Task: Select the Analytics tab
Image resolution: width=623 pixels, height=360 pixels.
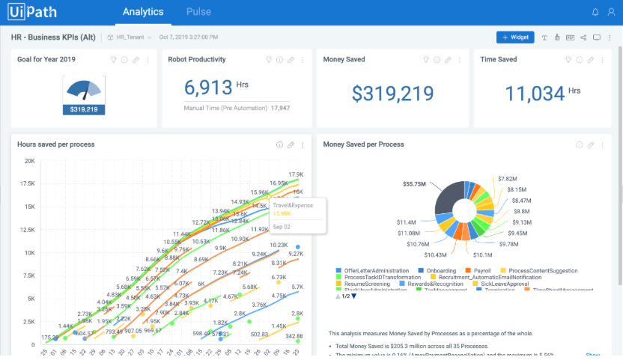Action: point(143,12)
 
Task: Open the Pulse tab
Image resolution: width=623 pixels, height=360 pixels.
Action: point(198,12)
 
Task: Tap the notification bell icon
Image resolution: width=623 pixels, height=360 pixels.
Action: point(595,12)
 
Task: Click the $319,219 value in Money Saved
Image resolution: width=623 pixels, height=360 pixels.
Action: point(393,94)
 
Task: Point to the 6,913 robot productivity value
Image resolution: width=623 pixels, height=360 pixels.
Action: point(207,88)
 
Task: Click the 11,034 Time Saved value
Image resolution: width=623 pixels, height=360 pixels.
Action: point(535,94)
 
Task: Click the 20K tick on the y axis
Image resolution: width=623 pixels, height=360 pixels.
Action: point(30,161)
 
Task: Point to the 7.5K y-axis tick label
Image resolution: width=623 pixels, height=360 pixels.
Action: point(28,275)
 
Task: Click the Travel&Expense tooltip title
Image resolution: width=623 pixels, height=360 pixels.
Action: point(293,205)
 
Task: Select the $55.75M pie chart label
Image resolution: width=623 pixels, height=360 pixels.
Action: point(414,183)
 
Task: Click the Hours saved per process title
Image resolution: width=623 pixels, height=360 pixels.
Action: point(56,144)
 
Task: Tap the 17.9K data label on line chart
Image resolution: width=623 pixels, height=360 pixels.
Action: point(295,174)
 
